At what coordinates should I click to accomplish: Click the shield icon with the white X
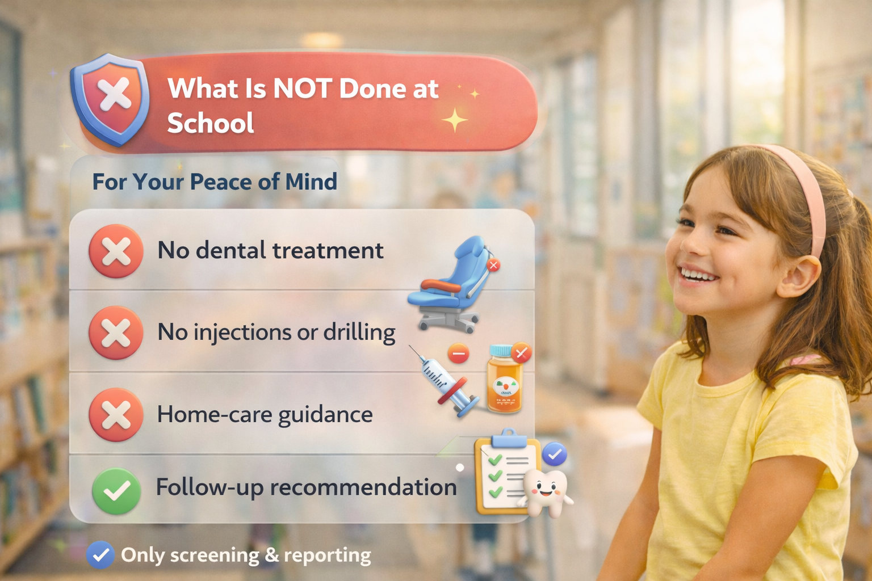110,99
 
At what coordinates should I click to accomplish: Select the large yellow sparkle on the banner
454,120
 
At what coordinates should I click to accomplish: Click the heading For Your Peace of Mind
215,182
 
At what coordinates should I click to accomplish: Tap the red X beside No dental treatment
116,251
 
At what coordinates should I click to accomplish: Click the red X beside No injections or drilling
116,332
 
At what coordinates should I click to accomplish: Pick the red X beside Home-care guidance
116,415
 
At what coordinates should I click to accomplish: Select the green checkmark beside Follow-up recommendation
116,491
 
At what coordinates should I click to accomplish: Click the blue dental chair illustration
451,284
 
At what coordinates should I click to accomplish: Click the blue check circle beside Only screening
100,555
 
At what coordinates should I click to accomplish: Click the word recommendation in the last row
363,487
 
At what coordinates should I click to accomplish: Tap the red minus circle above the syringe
458,353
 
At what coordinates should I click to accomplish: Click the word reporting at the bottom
328,555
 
